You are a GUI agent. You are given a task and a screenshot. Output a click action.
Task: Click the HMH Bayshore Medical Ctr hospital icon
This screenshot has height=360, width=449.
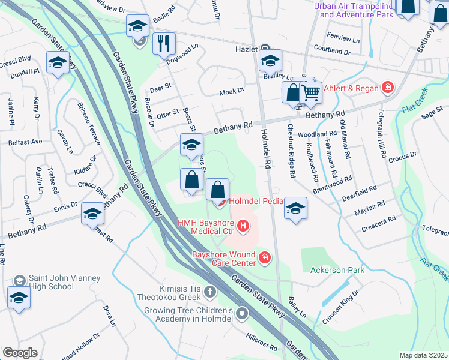coord(243,226)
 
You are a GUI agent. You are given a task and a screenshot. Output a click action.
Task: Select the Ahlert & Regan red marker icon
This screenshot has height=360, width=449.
coord(388,89)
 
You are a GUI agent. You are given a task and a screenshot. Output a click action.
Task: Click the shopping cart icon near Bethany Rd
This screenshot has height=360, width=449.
coord(310,92)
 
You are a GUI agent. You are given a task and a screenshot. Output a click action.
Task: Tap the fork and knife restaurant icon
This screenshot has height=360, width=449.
coord(163,43)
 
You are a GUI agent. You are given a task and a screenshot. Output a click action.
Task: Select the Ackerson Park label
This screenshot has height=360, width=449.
coord(337,271)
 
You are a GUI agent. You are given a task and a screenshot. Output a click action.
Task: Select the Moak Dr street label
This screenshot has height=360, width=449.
coord(231,91)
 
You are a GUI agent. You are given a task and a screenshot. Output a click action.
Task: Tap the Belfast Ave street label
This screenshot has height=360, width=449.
coord(25,142)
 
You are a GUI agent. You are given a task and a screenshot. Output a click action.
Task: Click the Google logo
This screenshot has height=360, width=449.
coord(20,352)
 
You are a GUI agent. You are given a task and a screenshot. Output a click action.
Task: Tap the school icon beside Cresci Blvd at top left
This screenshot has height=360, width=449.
coord(58,63)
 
